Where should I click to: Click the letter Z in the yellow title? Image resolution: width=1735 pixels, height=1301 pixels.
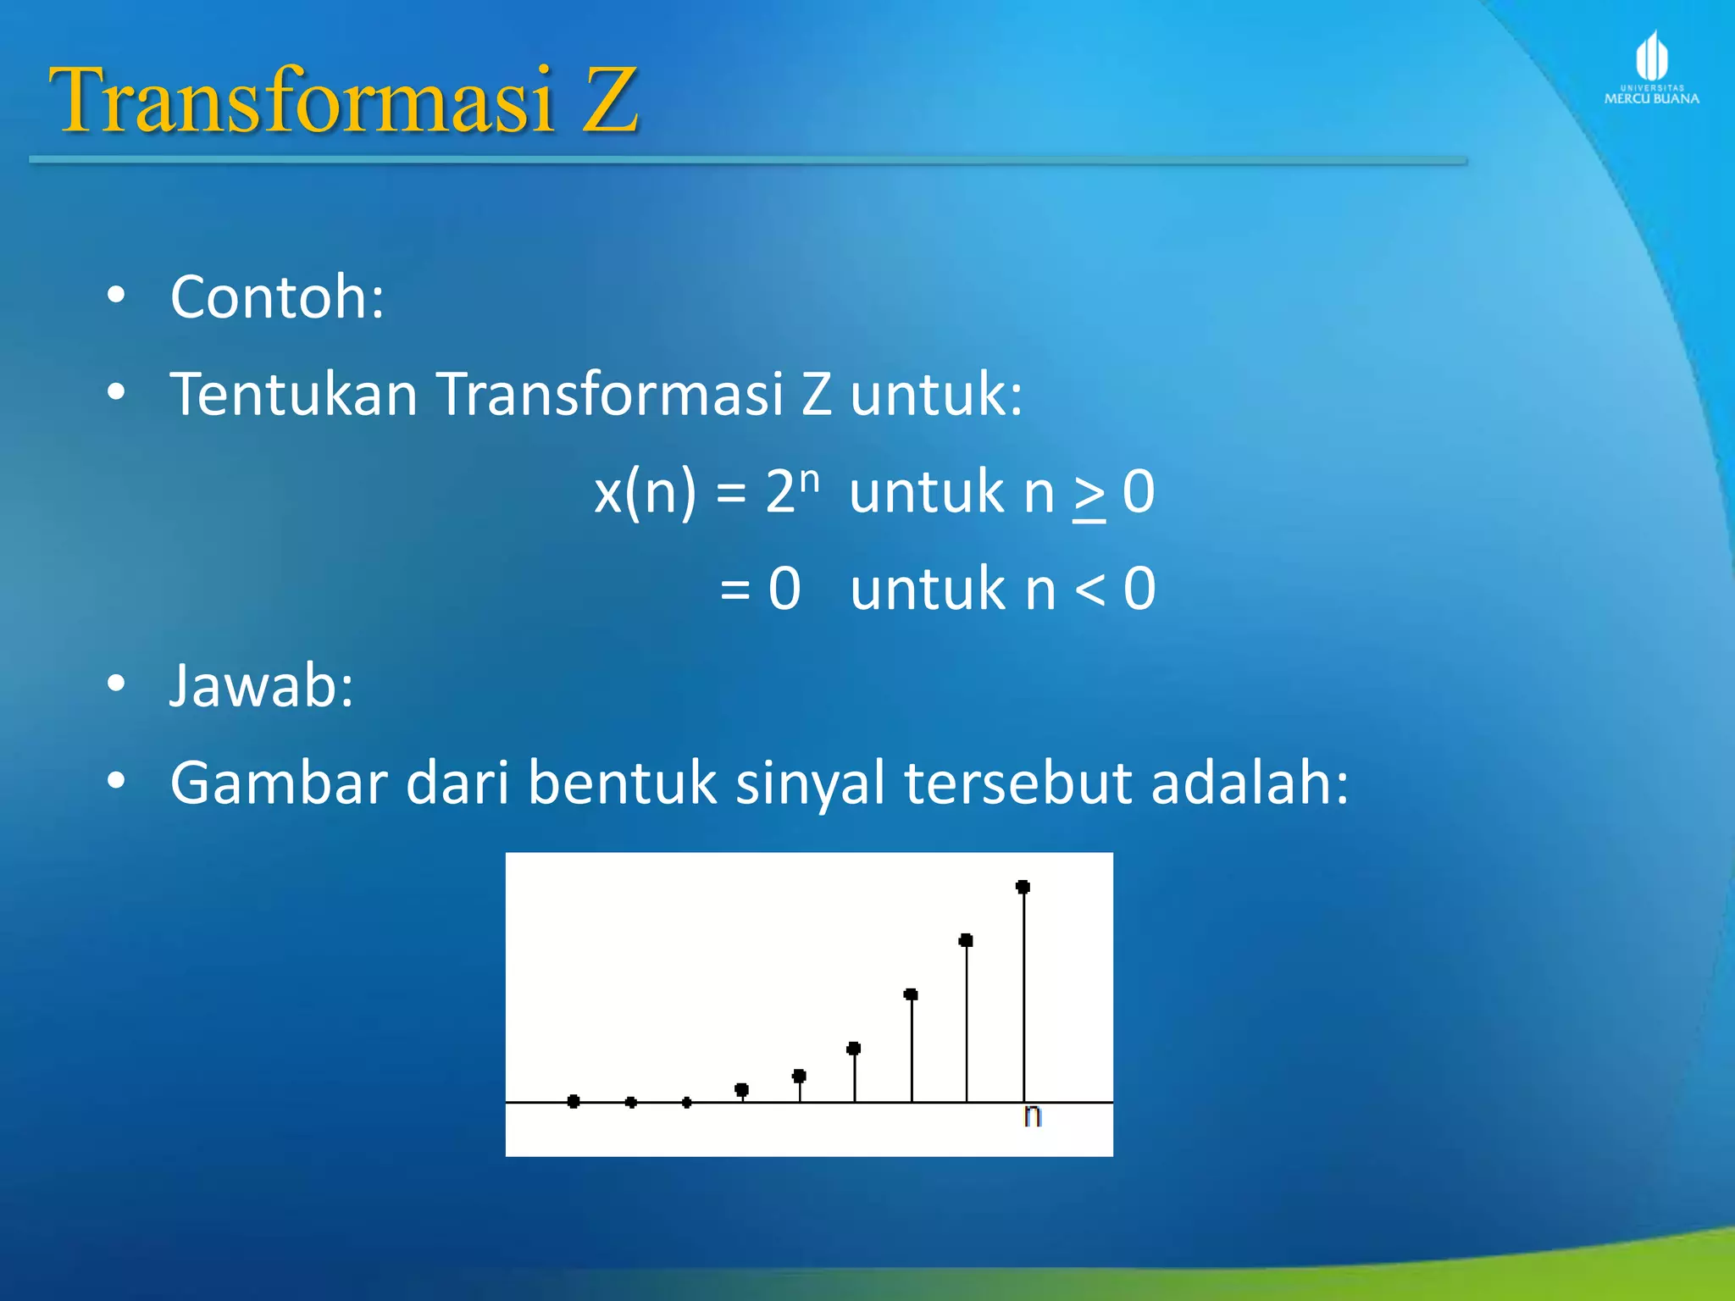(608, 101)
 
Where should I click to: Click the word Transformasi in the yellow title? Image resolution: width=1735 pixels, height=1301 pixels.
(301, 101)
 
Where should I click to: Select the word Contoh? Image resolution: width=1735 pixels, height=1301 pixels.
(277, 297)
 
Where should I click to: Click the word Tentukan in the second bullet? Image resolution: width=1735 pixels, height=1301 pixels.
(293, 394)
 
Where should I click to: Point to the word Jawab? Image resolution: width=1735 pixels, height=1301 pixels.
(261, 685)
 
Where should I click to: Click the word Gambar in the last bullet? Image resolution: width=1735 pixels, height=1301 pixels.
(278, 783)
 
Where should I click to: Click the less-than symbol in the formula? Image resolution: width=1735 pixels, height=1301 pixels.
(1090, 590)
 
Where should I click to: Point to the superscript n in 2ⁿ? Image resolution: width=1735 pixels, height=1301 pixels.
(810, 479)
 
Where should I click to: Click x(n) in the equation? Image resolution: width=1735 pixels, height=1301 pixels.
(645, 492)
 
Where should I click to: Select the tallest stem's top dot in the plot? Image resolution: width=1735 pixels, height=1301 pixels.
(1023, 887)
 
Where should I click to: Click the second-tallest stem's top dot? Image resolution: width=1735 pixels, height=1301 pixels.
(966, 940)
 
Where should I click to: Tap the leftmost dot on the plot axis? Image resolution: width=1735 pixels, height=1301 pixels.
(574, 1101)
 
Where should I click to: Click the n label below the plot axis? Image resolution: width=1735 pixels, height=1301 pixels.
(1032, 1116)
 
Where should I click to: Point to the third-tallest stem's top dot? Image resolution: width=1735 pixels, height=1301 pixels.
(911, 994)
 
